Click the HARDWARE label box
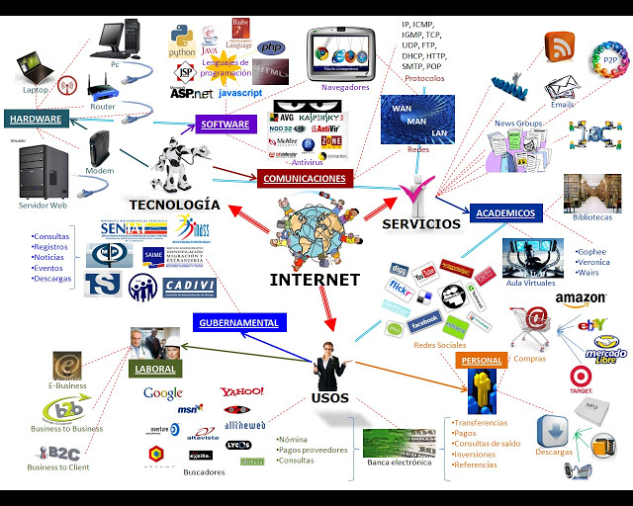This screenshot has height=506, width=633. click(36, 120)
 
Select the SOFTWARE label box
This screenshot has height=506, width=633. click(226, 125)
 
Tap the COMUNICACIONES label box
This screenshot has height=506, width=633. click(305, 179)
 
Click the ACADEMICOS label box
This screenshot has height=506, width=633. click(504, 212)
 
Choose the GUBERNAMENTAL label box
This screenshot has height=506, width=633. click(238, 322)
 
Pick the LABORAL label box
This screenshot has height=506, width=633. click(153, 370)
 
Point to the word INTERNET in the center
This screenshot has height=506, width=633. click(315, 280)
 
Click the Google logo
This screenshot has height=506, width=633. click(163, 393)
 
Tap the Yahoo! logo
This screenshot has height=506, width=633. click(242, 392)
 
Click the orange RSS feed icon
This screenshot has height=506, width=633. click(560, 45)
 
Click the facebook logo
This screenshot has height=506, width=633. click(423, 322)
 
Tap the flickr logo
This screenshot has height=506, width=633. click(402, 290)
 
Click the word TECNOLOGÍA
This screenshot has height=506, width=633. click(173, 204)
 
